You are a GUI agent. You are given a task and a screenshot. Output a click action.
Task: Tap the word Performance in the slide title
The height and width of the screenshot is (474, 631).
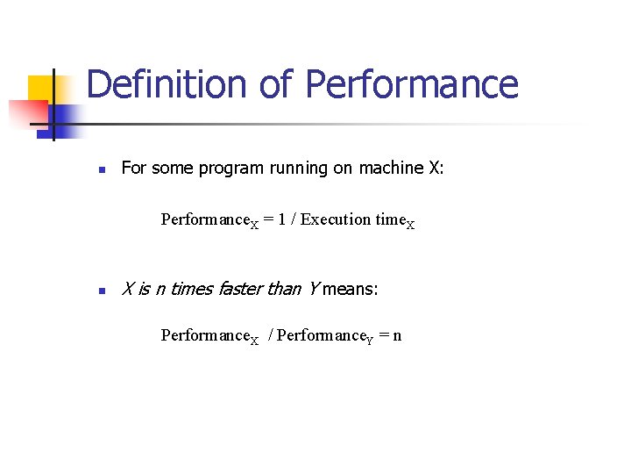pos(411,85)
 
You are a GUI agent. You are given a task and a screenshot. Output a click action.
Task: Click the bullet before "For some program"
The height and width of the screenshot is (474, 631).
pos(102,169)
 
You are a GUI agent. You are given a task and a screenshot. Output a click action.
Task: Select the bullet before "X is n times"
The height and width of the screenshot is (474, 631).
pos(102,291)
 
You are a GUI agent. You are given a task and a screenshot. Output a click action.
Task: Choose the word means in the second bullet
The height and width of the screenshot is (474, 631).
pos(350,289)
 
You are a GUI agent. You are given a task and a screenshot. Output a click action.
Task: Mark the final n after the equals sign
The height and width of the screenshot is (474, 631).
pos(398,335)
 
